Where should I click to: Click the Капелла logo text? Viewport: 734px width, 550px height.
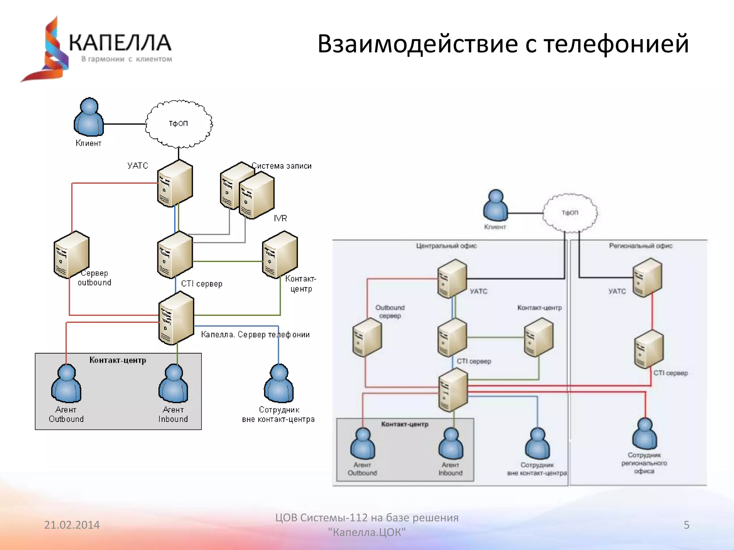[120, 43]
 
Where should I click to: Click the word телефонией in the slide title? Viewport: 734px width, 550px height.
[616, 44]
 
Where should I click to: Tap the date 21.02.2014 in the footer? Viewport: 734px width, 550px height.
[72, 525]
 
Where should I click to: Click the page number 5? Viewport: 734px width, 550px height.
[686, 525]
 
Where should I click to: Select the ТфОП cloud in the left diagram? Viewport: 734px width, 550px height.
[178, 124]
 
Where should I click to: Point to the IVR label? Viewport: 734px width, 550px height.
[280, 218]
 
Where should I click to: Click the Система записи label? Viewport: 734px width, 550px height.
[282, 166]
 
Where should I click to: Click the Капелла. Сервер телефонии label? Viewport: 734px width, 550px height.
[255, 334]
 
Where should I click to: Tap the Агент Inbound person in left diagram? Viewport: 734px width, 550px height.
[173, 384]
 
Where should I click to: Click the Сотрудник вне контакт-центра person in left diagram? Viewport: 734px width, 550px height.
[279, 384]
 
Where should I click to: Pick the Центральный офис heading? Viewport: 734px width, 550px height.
[446, 246]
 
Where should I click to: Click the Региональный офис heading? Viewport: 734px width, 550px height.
[640, 246]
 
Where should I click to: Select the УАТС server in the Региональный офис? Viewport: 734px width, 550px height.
[647, 278]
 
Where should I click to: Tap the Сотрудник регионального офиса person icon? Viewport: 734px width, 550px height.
[644, 434]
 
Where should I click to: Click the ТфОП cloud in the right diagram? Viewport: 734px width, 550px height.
[570, 213]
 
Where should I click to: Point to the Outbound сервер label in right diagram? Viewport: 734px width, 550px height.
[390, 312]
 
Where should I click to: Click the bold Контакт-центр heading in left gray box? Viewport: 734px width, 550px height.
[118, 360]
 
